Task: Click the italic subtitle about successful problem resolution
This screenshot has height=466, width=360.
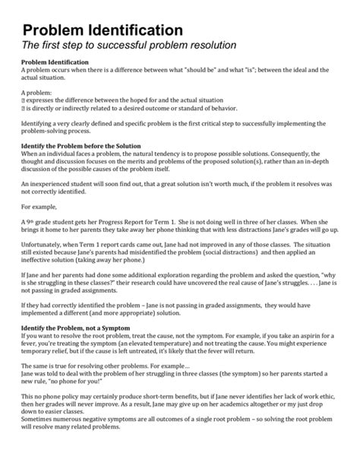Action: click(129, 46)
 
